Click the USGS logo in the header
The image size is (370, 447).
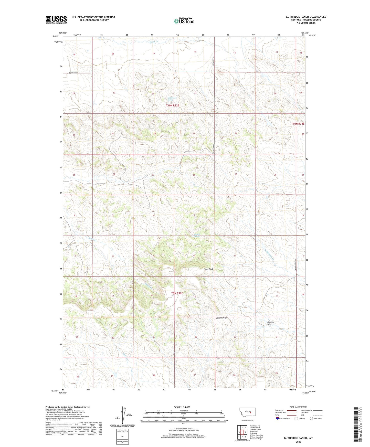click(x=56, y=20)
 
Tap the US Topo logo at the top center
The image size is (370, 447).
click(x=184, y=21)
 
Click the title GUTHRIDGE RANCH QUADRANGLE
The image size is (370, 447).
click(x=306, y=17)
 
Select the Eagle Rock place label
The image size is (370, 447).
click(x=208, y=269)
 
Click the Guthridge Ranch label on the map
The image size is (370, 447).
click(x=271, y=323)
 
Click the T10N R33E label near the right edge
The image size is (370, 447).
click(x=298, y=124)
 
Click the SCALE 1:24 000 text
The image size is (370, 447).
click(x=182, y=407)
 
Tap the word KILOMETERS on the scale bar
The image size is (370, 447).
click(x=184, y=411)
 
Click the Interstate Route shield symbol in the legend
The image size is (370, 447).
click(x=278, y=418)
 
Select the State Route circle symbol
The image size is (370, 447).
click(x=311, y=418)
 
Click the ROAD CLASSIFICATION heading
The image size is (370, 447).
click(x=298, y=407)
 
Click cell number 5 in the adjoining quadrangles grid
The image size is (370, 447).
click(x=245, y=432)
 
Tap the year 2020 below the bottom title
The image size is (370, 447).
click(x=298, y=442)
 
